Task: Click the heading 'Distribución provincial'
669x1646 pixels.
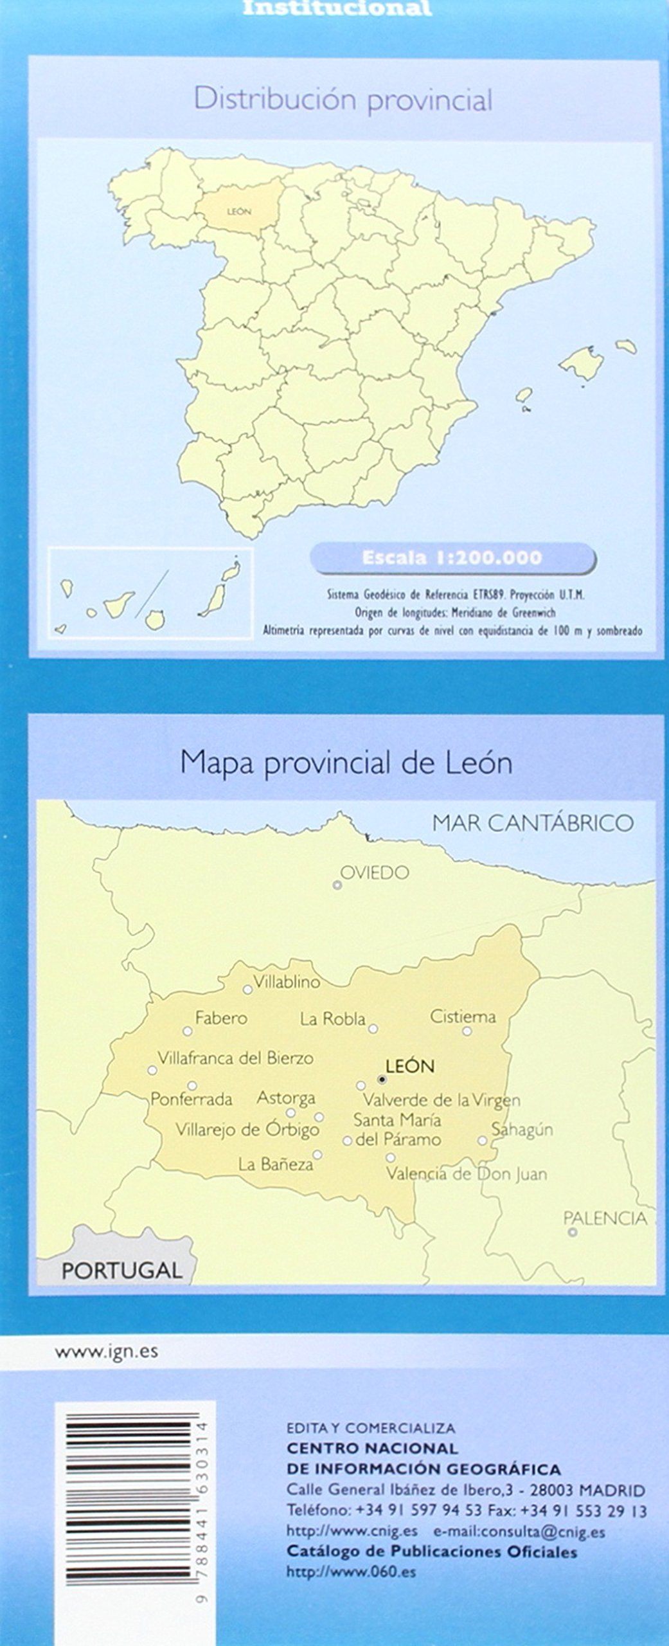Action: pyautogui.click(x=343, y=100)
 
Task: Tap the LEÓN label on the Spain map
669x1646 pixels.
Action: pyautogui.click(x=239, y=212)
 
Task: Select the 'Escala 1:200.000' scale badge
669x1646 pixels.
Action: pyautogui.click(x=452, y=557)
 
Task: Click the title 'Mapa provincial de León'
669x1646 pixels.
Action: pyautogui.click(x=346, y=763)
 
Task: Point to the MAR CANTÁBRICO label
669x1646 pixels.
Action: pyautogui.click(x=533, y=823)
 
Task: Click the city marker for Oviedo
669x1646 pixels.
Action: pyautogui.click(x=337, y=885)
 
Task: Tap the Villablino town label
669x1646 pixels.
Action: pyautogui.click(x=287, y=982)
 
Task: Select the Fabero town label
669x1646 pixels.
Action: pyautogui.click(x=221, y=1018)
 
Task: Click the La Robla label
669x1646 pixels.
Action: pyautogui.click(x=332, y=1018)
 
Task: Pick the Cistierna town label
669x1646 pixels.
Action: pyautogui.click(x=463, y=1017)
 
